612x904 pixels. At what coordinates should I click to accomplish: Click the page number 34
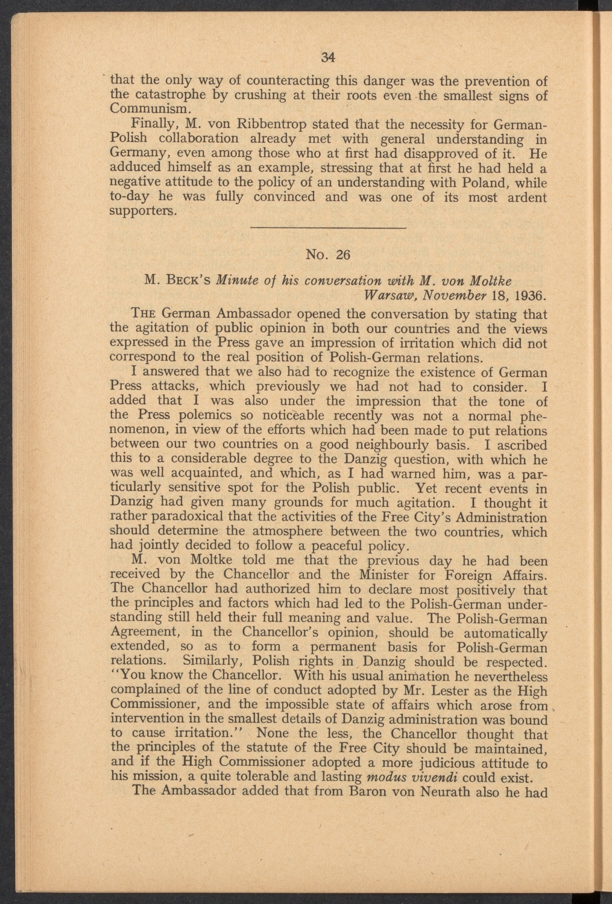(x=328, y=57)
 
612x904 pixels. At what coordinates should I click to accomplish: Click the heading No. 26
(x=328, y=255)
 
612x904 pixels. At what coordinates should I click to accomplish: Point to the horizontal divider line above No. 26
(x=328, y=227)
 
